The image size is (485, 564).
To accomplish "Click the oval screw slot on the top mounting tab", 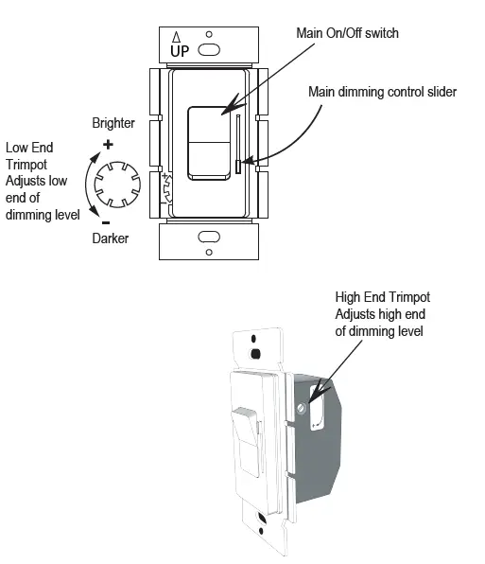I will point(209,47).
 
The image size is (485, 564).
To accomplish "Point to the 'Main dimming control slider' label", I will point(382,92).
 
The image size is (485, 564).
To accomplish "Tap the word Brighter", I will point(114,124).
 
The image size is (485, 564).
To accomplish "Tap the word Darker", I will point(111,238).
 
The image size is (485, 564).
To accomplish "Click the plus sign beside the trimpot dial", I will point(107,145).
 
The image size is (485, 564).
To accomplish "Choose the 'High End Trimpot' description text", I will point(383,314).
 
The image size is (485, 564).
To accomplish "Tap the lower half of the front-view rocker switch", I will point(209,160).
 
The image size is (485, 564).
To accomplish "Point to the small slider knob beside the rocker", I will point(238,167).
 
